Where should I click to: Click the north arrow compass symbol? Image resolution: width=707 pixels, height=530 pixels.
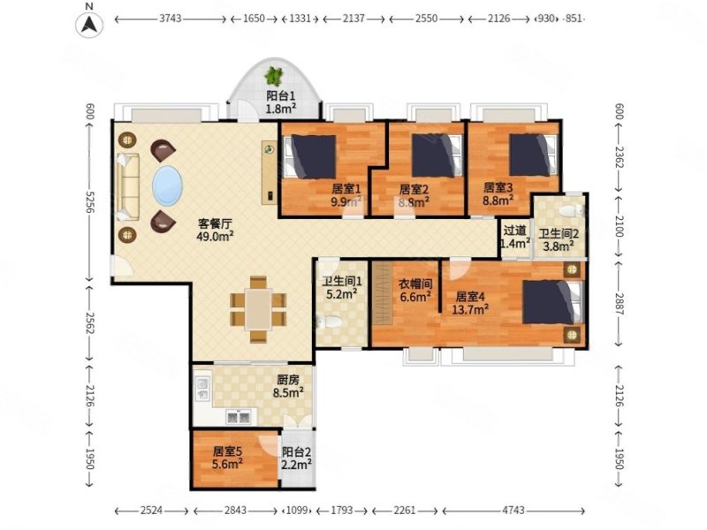[x=89, y=25]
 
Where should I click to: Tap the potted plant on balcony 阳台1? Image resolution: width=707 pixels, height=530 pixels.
[x=273, y=76]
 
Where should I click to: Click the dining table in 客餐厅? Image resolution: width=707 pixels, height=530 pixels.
[x=258, y=310]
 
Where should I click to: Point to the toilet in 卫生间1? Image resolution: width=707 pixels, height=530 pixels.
[x=330, y=322]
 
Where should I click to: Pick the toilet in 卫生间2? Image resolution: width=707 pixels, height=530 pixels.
[x=570, y=210]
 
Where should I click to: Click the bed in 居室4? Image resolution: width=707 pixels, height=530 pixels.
[x=552, y=302]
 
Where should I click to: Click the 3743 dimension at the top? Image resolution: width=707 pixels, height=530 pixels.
[x=171, y=19]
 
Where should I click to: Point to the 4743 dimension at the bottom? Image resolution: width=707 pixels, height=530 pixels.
[x=513, y=511]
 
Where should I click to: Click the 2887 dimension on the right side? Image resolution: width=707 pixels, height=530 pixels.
[x=618, y=304]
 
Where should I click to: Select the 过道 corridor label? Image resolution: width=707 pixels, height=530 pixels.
[x=515, y=231]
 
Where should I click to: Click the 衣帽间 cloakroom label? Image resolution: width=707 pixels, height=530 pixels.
[x=415, y=284]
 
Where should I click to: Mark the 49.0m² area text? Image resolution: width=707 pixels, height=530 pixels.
[x=215, y=236]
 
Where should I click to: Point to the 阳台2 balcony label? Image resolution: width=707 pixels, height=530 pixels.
[x=296, y=451]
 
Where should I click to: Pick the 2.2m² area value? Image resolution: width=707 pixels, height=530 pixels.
[x=296, y=464]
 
